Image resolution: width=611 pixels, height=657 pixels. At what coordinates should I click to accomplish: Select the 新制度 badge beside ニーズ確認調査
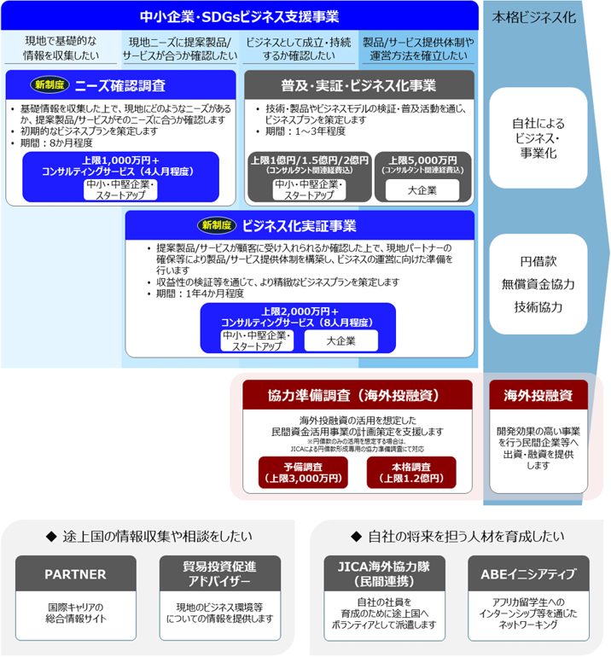[x=49, y=85]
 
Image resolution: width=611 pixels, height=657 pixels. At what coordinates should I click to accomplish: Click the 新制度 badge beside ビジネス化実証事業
[x=217, y=225]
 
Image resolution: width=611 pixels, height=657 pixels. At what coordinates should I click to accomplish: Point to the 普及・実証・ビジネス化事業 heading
[x=358, y=85]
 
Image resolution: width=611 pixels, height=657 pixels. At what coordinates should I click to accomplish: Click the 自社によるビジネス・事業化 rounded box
[x=538, y=137]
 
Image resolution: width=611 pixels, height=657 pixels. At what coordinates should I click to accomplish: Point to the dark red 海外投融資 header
[x=538, y=396]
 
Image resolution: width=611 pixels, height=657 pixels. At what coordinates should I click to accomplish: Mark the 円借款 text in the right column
[x=538, y=261]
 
